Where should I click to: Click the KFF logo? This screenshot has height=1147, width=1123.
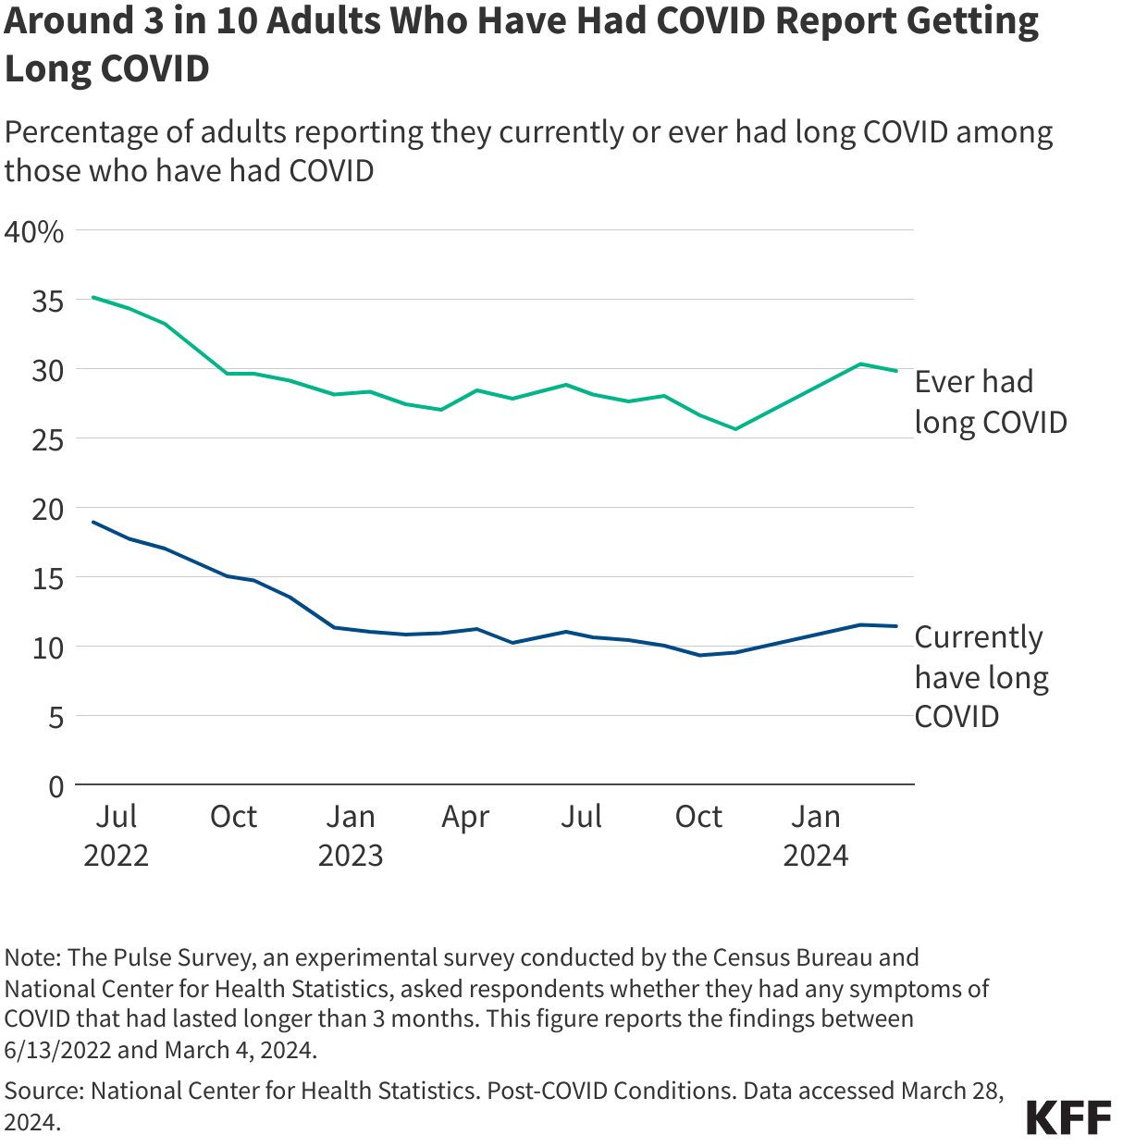[x=1068, y=1117]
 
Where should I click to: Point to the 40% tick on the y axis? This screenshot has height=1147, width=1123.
[x=34, y=231]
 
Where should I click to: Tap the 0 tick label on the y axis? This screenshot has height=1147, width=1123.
[x=56, y=786]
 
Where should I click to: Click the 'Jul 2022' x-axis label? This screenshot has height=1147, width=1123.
[x=117, y=835]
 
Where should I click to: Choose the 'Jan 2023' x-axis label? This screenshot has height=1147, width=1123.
[x=351, y=835]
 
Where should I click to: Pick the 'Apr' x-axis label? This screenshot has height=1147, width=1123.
[x=465, y=818]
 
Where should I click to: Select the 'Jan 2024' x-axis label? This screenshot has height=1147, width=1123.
[x=816, y=835]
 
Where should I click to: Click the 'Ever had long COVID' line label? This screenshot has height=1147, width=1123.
[x=990, y=401]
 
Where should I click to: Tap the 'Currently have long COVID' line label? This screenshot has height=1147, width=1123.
[x=981, y=676]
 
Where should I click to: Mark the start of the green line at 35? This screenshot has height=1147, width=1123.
[x=93, y=297]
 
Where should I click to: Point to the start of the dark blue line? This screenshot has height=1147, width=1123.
[x=93, y=522]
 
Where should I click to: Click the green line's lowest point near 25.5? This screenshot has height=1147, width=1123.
[x=735, y=429]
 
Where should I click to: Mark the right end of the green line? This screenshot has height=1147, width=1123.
[x=896, y=371]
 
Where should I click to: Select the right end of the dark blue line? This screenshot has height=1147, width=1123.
[x=896, y=626]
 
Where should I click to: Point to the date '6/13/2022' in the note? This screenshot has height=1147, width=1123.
[x=58, y=1050]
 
